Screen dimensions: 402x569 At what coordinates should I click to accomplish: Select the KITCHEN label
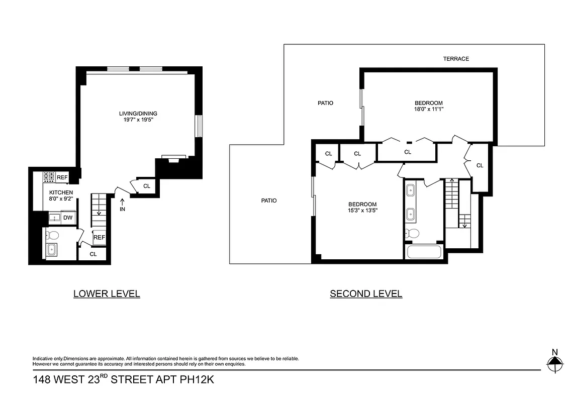click(61, 192)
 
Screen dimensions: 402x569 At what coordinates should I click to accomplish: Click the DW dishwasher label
click(67, 218)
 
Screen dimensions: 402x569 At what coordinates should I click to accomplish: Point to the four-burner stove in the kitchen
click(49, 176)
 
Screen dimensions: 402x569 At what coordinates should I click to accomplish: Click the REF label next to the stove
click(62, 177)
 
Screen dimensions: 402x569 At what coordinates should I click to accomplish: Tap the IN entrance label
click(122, 209)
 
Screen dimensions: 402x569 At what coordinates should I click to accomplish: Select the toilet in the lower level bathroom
click(53, 235)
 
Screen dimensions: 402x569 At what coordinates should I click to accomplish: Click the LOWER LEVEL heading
click(107, 294)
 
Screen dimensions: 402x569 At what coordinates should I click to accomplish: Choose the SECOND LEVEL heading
click(366, 294)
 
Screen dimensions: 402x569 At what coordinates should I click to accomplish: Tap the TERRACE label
click(456, 59)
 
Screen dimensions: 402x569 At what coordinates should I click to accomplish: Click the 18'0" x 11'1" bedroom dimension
click(425, 109)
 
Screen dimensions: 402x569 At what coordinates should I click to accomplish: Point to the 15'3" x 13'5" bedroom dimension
click(362, 211)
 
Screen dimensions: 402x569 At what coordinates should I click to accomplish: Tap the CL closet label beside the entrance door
click(147, 186)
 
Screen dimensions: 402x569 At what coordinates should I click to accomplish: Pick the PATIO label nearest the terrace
click(325, 103)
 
